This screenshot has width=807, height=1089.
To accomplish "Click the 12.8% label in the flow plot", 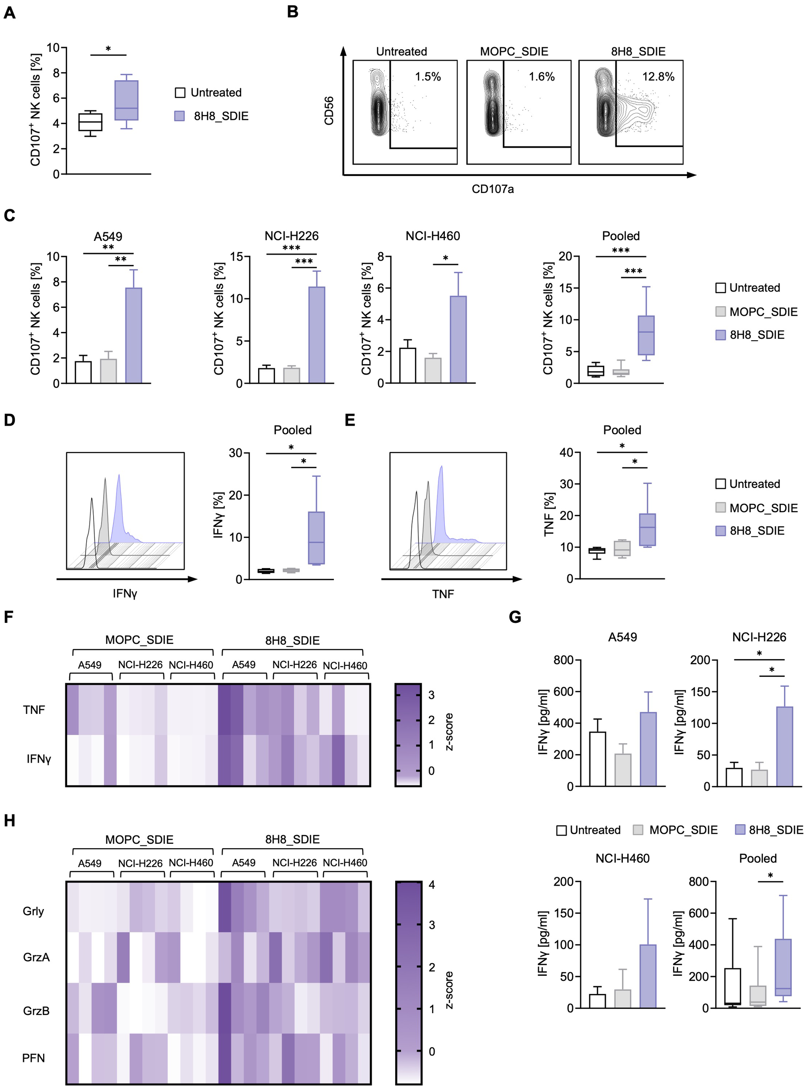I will point(658,77).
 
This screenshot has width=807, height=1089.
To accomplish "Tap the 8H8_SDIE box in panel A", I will point(127,100).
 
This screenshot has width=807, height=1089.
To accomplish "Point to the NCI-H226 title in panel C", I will point(291,236).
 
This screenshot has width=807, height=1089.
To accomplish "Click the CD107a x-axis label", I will point(492,189).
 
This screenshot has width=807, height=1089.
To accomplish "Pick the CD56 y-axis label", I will point(329,111).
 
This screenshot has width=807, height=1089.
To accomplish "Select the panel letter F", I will point(8,617).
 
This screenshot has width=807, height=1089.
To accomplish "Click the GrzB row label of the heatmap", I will point(36,1011).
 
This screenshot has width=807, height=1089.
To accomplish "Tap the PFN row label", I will point(33,1058).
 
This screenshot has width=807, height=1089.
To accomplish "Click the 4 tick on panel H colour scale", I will point(431,885).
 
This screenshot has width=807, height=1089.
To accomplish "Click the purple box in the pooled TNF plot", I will point(647,529).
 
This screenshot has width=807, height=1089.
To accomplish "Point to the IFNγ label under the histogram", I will point(125,594).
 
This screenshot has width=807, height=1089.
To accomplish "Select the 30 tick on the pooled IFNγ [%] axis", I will point(235,453).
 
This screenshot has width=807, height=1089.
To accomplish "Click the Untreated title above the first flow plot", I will point(402,52).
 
